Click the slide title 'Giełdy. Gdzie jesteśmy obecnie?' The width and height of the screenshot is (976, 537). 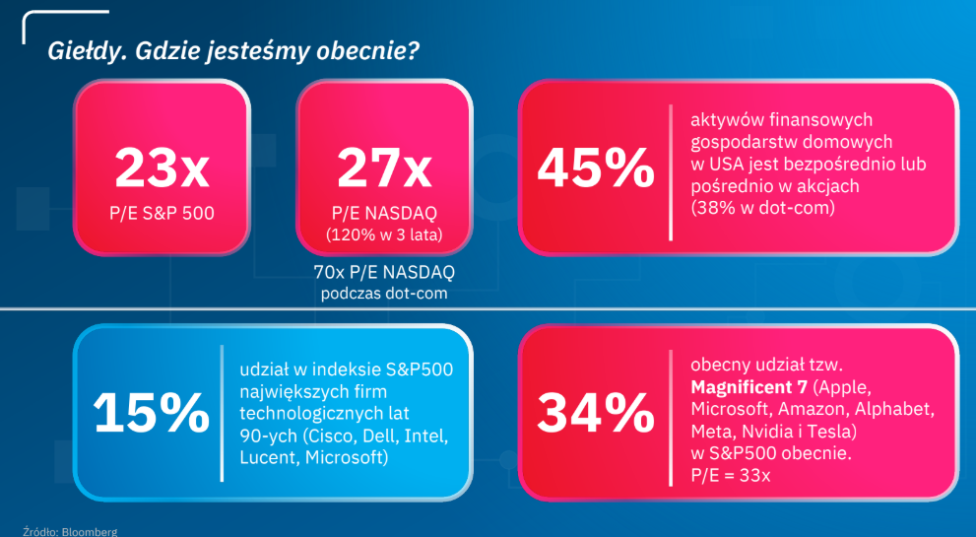point(231,51)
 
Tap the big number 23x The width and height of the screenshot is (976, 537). point(162,168)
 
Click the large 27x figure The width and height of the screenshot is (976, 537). point(384,168)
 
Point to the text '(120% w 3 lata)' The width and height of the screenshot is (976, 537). point(384,234)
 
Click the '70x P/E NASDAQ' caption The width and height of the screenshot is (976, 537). point(384,272)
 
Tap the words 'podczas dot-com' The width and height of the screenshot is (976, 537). point(384,293)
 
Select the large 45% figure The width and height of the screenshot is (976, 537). point(595,169)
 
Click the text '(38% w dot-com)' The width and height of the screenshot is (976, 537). point(763,208)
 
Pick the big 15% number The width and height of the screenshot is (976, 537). point(150,413)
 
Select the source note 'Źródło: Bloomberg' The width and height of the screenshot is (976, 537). point(70,532)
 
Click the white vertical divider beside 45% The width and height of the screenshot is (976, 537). point(671,171)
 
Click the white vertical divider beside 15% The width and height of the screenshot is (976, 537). point(223,413)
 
